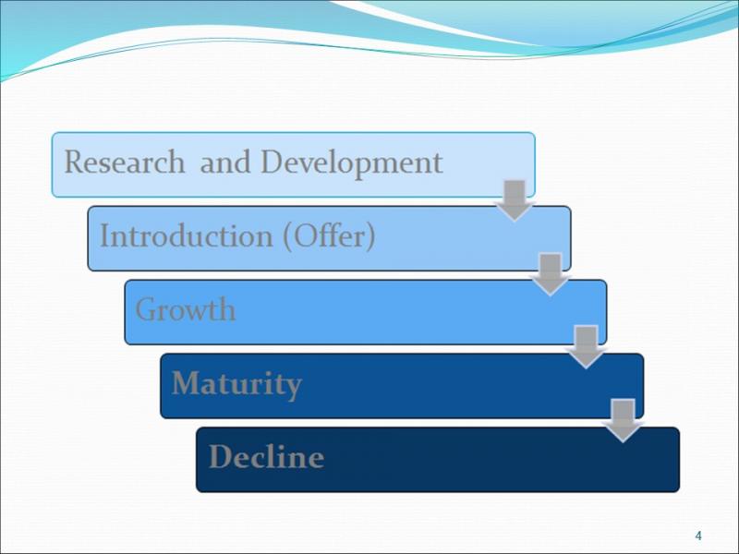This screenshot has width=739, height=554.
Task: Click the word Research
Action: click(125, 162)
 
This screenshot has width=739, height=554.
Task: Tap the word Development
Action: click(352, 163)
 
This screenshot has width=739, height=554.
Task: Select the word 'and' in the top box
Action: click(224, 163)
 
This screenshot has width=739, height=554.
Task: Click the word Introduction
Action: click(187, 235)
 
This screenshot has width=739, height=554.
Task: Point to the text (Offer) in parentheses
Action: click(330, 235)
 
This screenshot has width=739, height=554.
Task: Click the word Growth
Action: click(186, 309)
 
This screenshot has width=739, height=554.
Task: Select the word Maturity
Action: click(236, 384)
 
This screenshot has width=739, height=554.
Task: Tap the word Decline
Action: click(267, 456)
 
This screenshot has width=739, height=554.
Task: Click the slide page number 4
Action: click(698, 536)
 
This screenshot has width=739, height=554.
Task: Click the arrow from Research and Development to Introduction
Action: click(515, 200)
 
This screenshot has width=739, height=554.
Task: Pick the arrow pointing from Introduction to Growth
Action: click(550, 274)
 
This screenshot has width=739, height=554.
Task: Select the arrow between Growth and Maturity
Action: click(587, 347)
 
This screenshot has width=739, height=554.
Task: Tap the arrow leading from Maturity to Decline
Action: click(623, 421)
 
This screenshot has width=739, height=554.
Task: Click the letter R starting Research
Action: click(74, 162)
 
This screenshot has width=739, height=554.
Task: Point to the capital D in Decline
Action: click(220, 456)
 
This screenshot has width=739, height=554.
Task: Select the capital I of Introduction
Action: click(105, 235)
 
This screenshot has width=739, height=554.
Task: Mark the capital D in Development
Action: click(273, 162)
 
